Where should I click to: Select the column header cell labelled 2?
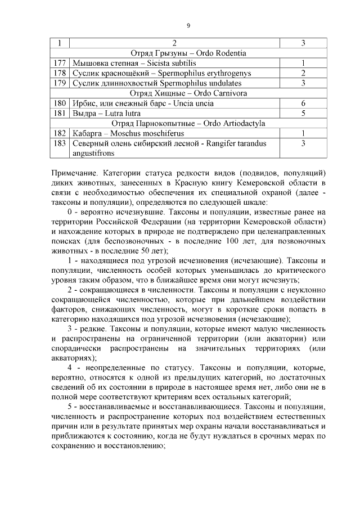coord(174,43)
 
